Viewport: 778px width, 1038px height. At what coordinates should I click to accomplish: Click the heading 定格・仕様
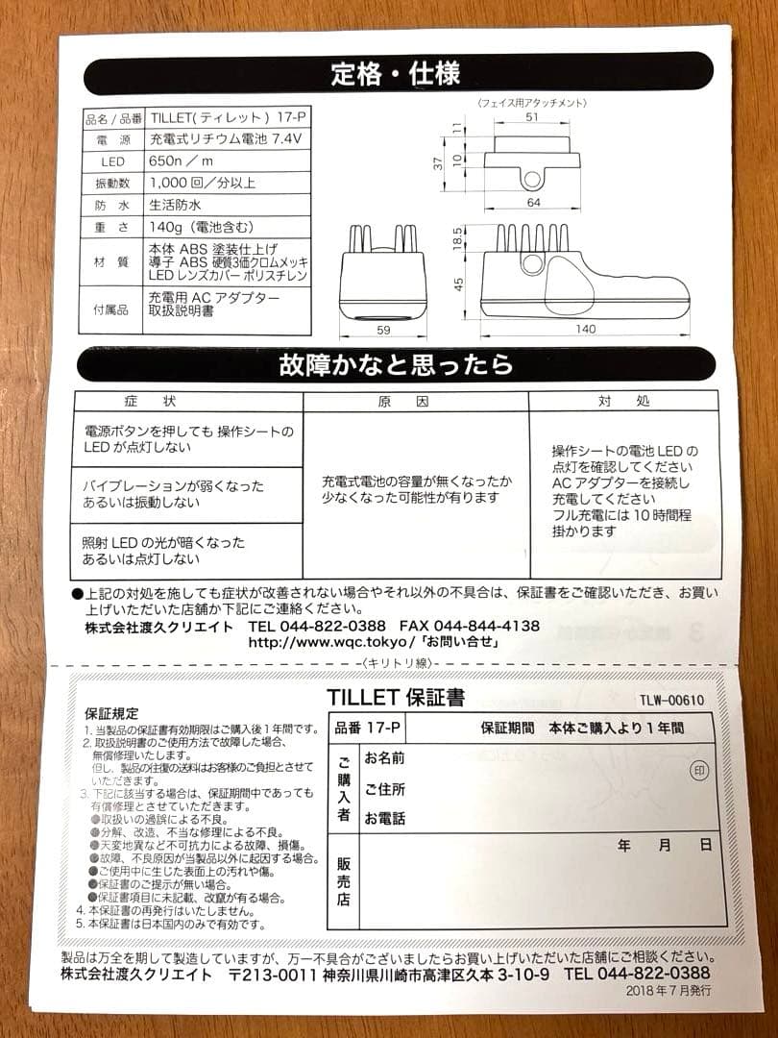[395, 73]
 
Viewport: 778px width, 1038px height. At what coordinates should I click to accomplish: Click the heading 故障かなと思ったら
[396, 365]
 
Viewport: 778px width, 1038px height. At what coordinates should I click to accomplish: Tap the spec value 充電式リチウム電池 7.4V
[226, 139]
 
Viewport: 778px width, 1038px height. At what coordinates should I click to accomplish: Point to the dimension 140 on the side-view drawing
[585, 329]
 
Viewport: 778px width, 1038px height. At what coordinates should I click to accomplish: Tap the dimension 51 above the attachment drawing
[532, 118]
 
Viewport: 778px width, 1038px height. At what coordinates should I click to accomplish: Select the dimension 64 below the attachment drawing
[534, 202]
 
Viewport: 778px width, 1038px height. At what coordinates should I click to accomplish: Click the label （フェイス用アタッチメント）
[531, 102]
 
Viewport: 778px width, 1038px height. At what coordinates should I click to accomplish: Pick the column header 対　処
[624, 401]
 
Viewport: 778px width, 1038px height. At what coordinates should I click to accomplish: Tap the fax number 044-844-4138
[487, 626]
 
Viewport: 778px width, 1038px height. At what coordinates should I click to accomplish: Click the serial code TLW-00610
[671, 700]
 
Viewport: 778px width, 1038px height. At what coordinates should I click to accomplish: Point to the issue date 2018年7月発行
[667, 991]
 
